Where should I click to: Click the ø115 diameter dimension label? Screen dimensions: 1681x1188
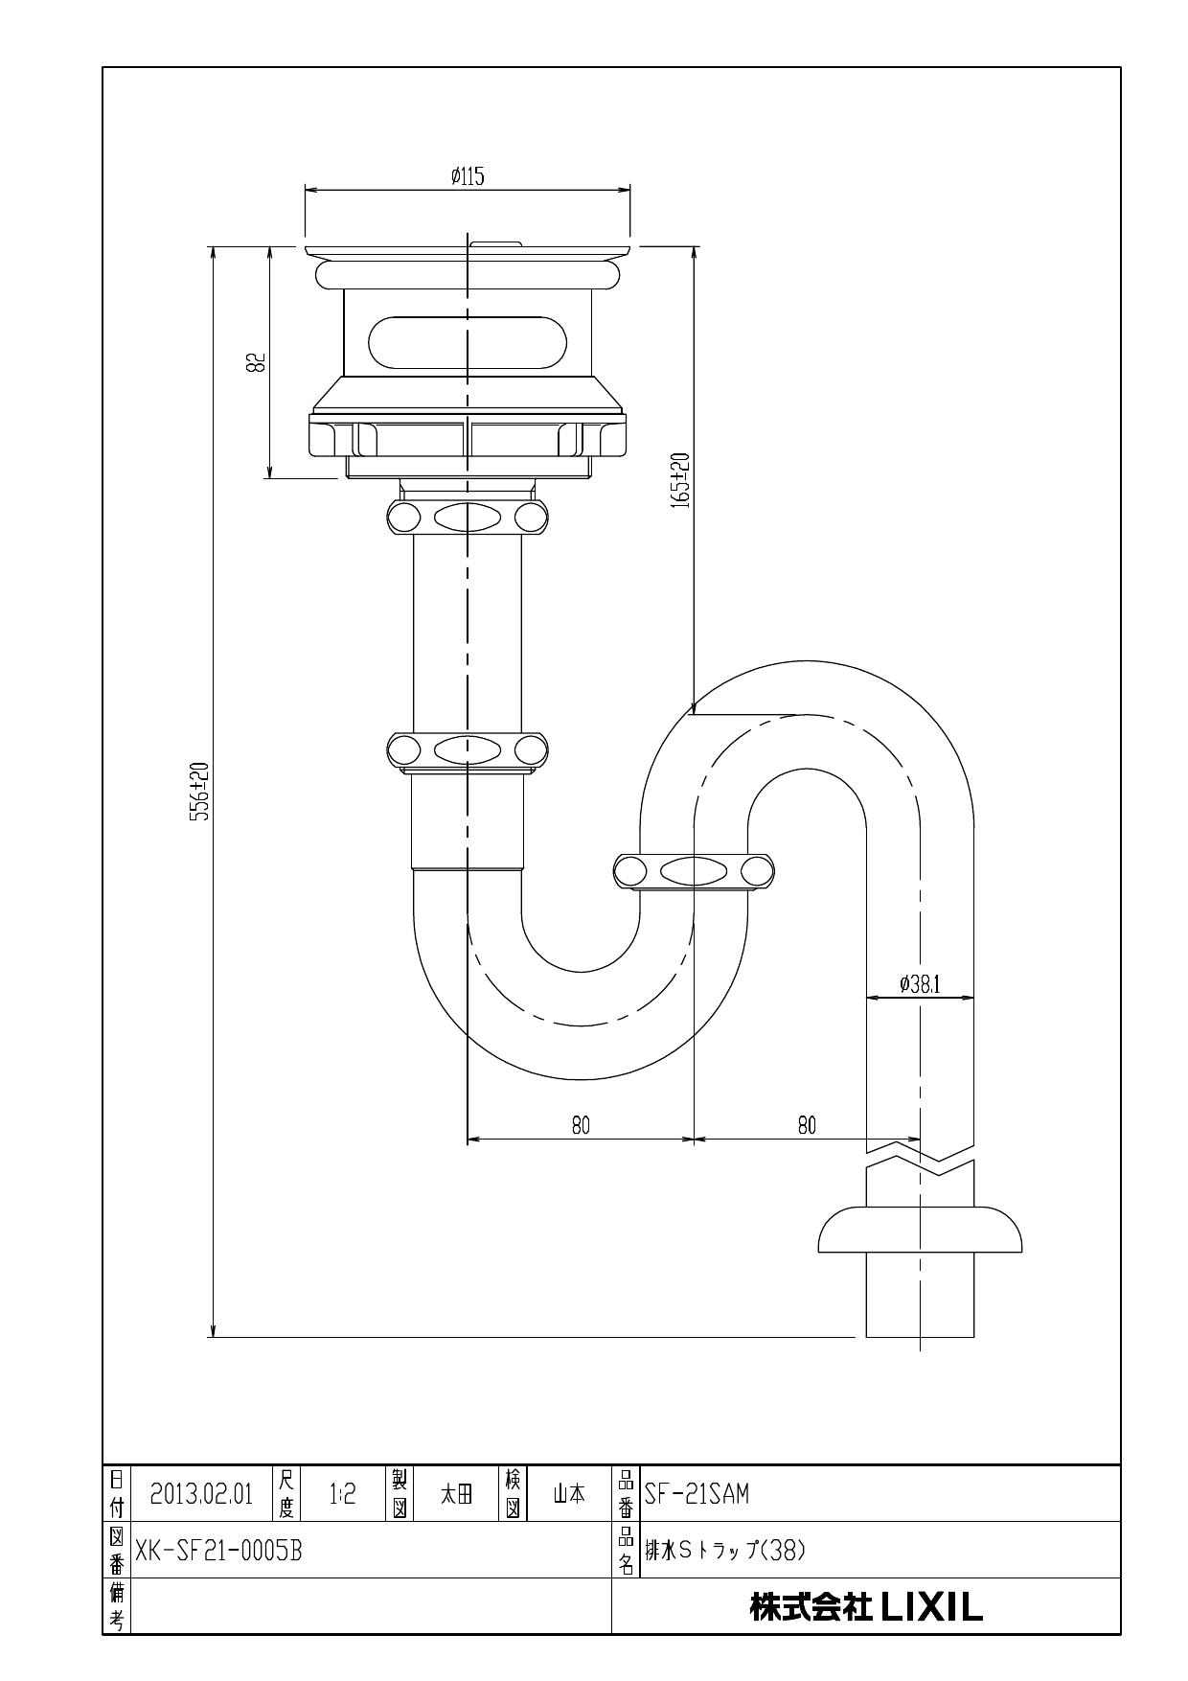click(x=468, y=177)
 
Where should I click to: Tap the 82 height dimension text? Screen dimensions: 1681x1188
click(x=256, y=362)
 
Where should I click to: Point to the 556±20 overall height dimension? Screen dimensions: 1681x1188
click(x=198, y=792)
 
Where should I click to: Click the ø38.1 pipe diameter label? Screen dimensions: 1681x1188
click(x=920, y=984)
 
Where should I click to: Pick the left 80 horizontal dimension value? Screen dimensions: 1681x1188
click(x=581, y=1125)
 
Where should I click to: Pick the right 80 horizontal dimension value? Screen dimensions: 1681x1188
click(x=807, y=1125)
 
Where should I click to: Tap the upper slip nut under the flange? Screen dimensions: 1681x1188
click(x=467, y=518)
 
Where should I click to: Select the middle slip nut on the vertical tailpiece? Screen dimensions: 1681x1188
click(x=467, y=748)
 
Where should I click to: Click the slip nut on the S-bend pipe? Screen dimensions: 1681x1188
click(x=694, y=871)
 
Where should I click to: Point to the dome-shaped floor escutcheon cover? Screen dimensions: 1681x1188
click(x=920, y=1231)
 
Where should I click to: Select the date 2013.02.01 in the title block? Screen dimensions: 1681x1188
click(x=201, y=1494)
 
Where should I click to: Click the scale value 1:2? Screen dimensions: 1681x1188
click(x=342, y=1494)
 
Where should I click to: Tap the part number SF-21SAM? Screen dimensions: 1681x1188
click(x=697, y=1494)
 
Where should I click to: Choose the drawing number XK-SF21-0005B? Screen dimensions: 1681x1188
click(x=218, y=1551)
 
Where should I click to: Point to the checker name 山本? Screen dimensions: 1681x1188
click(x=569, y=1494)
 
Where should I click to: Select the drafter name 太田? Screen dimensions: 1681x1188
click(x=456, y=1494)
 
